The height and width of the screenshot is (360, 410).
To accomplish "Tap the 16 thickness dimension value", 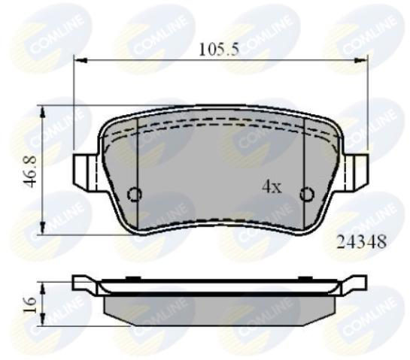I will click(x=29, y=304).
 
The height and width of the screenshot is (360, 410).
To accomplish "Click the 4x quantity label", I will click(x=271, y=187).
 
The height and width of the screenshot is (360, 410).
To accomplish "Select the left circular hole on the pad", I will click(x=135, y=195).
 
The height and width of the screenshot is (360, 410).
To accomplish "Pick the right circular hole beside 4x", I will click(x=306, y=195).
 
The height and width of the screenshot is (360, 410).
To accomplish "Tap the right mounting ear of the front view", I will click(x=359, y=171).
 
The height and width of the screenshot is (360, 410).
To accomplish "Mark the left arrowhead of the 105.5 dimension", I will click(x=77, y=62).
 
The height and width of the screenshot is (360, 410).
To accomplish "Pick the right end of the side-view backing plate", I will click(x=360, y=283).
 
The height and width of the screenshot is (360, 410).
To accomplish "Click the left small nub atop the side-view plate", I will click(x=133, y=279).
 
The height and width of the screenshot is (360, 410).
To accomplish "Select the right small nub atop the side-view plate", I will click(x=306, y=279).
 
